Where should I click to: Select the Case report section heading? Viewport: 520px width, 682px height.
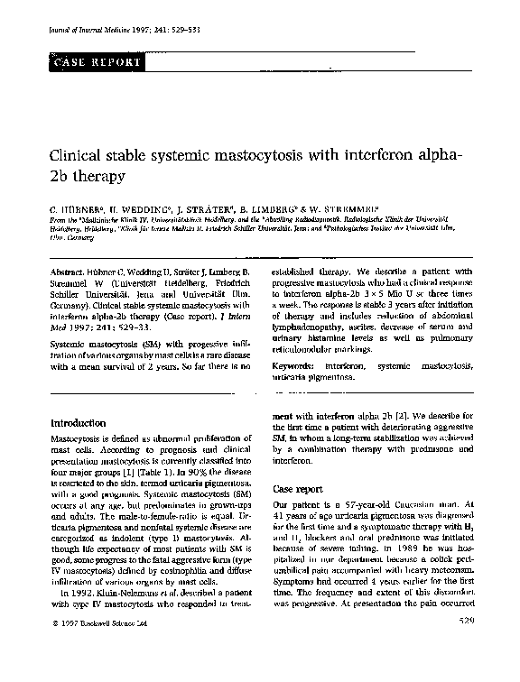coord(297,488)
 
